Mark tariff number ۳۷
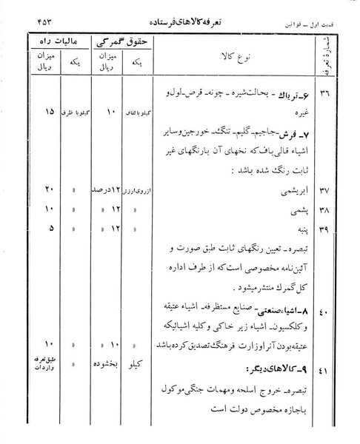click(329, 192)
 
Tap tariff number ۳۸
click(329, 211)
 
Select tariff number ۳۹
click(329, 230)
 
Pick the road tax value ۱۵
click(29, 112)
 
